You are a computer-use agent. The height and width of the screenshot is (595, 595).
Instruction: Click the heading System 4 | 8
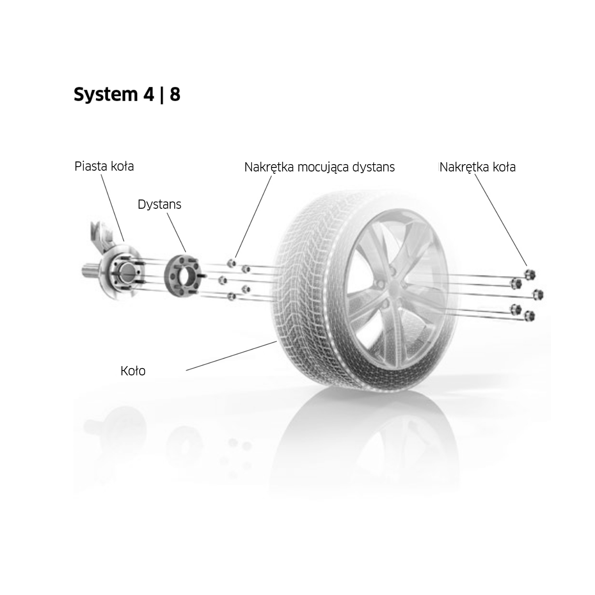[127, 95]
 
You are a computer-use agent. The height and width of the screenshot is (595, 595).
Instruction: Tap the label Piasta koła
[104, 166]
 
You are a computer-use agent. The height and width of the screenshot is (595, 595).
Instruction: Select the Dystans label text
[159, 205]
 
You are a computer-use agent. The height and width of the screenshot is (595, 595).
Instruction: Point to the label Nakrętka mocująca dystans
[319, 167]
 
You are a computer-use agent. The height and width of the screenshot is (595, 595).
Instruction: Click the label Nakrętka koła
[478, 167]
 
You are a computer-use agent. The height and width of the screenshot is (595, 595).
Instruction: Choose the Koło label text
[133, 371]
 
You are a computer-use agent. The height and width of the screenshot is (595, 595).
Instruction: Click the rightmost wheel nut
[537, 295]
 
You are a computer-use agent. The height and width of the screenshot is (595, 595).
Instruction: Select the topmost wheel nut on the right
[530, 274]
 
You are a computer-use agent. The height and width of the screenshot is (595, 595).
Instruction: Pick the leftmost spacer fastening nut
[223, 280]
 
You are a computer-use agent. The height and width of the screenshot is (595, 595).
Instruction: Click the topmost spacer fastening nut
[232, 263]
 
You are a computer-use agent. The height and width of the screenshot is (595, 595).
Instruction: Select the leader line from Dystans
[177, 232]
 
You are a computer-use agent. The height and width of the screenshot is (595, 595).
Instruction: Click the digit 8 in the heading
[175, 95]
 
